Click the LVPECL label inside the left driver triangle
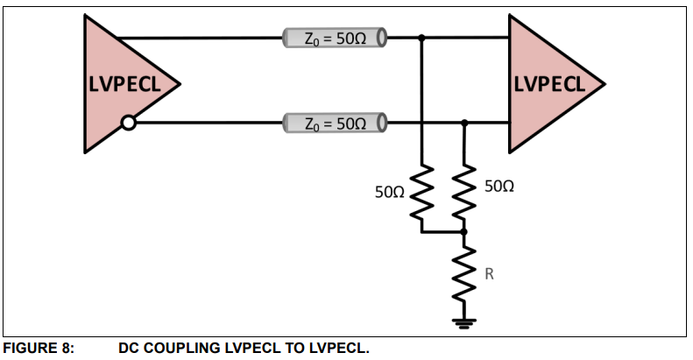point(127,85)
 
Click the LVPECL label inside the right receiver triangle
point(549,84)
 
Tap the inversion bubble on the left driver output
point(128,124)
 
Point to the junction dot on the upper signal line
point(422,39)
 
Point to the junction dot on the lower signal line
point(464,124)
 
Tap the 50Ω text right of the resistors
point(498,187)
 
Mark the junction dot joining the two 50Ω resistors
point(464,232)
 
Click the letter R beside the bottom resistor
point(490,274)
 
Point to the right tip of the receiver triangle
point(605,85)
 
